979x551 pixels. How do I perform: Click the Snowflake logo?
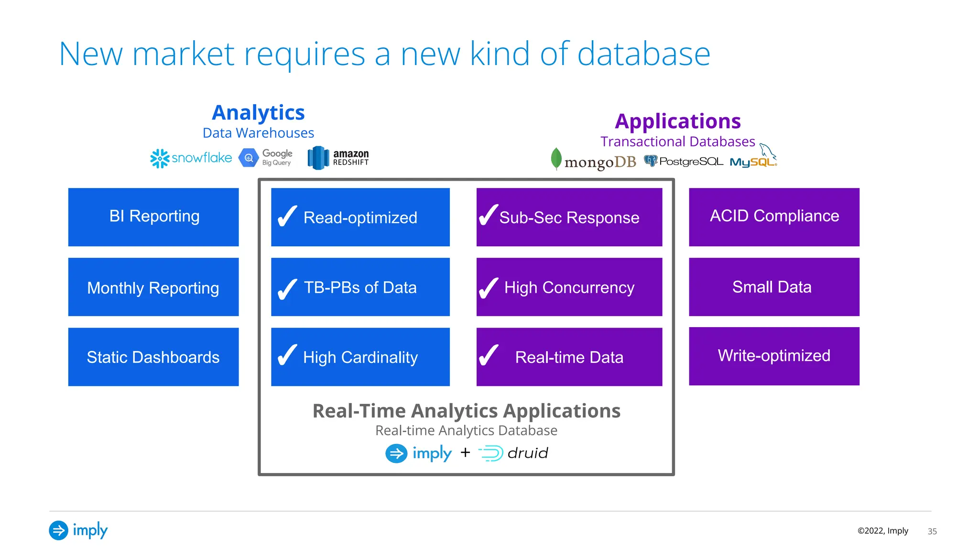(191, 158)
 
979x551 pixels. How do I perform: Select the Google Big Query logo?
(266, 157)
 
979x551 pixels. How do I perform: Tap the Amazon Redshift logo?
(338, 157)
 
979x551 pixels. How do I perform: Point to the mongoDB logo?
(593, 161)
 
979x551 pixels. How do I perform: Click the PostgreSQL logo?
(683, 161)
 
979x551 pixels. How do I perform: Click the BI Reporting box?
(153, 217)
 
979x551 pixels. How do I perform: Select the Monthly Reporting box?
(153, 287)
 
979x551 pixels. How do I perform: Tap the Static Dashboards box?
(153, 357)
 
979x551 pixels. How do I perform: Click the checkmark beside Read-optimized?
(287, 216)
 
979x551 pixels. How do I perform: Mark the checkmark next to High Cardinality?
(287, 355)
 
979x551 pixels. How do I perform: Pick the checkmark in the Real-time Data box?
(489, 355)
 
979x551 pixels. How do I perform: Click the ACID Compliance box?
(774, 217)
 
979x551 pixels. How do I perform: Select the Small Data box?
(774, 287)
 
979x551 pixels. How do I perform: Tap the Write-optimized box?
(774, 356)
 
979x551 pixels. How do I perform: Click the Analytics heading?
(258, 113)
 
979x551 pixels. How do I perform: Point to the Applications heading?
(677, 121)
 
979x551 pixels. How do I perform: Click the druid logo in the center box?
(513, 453)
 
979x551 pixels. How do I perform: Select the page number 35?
(932, 531)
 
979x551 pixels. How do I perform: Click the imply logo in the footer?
(78, 530)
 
